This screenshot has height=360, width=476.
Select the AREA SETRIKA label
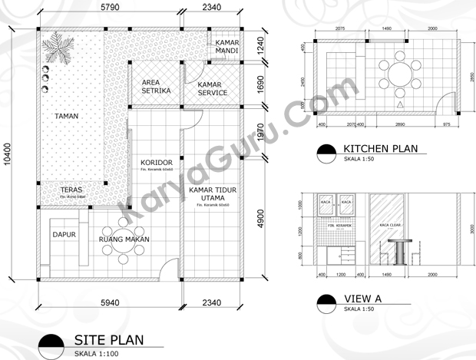(156, 87)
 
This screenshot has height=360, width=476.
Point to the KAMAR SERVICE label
(212, 88)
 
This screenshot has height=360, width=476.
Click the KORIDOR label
(156, 163)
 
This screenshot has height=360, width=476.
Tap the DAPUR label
(64, 235)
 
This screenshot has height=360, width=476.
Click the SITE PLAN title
(107, 339)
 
